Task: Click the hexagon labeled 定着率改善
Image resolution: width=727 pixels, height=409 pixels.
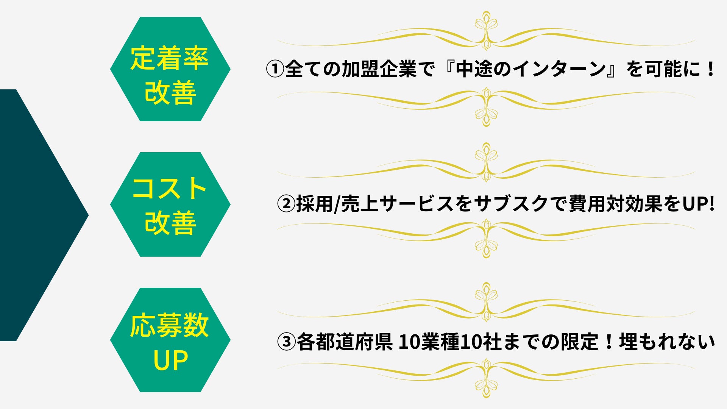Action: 170,69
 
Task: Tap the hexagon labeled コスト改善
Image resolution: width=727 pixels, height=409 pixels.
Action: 170,204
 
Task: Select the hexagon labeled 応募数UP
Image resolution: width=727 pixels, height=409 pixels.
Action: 170,340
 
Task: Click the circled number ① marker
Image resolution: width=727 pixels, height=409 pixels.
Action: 275,69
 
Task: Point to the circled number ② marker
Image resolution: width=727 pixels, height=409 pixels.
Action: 286,204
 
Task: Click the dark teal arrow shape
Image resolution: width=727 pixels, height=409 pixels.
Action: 38,215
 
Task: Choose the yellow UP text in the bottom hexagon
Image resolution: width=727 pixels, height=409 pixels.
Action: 170,360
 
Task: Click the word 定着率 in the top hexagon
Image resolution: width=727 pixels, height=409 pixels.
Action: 170,58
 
